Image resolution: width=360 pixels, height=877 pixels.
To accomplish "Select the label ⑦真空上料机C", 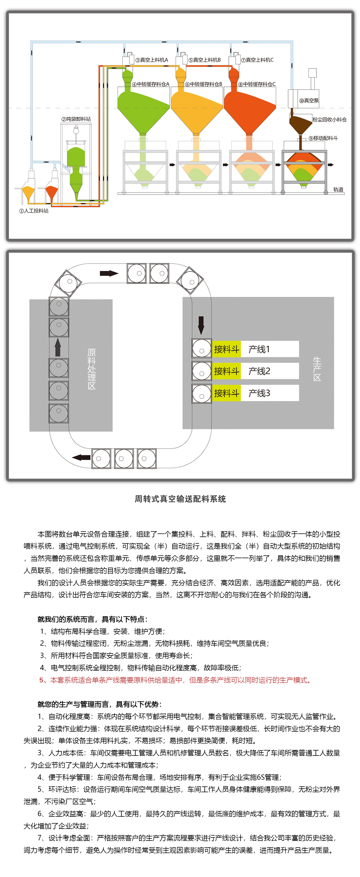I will (x=257, y=60).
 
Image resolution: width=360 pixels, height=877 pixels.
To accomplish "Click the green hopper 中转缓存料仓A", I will (x=143, y=109).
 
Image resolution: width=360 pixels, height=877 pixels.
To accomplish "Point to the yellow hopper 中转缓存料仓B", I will (x=196, y=109).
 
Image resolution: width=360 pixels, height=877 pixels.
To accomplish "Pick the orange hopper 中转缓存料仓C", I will (x=249, y=109).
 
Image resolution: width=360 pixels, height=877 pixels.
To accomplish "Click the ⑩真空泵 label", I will (x=309, y=100).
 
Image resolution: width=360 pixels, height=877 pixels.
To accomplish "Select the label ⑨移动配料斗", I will (x=323, y=138).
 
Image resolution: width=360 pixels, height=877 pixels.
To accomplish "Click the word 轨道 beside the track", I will (x=338, y=189).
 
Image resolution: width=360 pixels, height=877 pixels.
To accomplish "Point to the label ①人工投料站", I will (x=34, y=211).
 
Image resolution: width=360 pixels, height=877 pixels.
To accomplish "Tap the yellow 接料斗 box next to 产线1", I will (x=227, y=349).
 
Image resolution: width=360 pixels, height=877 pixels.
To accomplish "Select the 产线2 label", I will (x=259, y=371).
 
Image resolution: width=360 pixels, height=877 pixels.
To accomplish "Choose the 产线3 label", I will (x=259, y=393).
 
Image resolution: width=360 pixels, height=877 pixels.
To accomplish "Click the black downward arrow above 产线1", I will (x=201, y=326).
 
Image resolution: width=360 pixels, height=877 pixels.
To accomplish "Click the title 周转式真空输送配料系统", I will (x=180, y=499).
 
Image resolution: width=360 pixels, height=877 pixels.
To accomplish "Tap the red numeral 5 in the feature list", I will (x=41, y=680).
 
